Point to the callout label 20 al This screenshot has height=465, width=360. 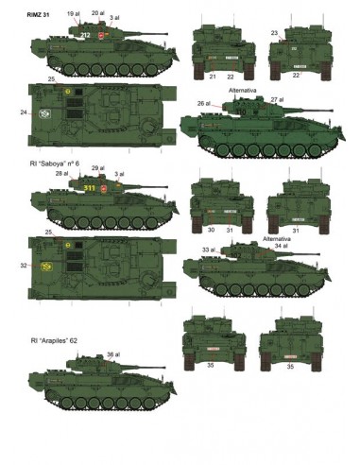click(97, 13)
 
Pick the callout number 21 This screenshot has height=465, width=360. click(213, 75)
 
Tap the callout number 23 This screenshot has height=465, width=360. click(274, 33)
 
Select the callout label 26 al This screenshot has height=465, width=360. click(202, 103)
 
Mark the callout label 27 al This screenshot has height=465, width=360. click(277, 99)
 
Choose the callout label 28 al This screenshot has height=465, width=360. click(62, 174)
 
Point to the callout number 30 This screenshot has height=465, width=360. click(212, 230)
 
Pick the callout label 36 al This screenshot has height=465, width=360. click(113, 354)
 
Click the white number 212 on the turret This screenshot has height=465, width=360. click(84, 35)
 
